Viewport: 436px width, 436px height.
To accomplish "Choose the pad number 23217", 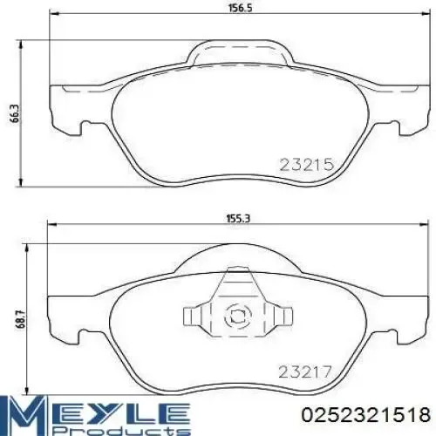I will tap(306, 370).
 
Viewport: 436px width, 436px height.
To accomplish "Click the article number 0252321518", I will tap(364, 413).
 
